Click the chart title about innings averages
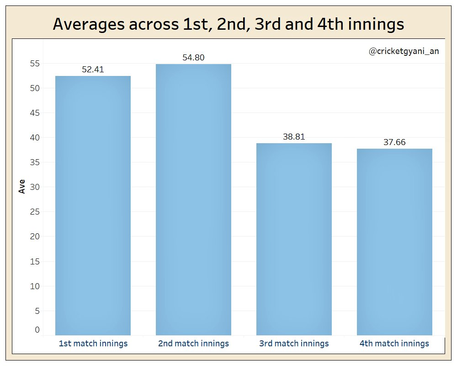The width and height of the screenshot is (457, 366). [228, 24]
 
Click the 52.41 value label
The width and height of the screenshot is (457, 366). [93, 70]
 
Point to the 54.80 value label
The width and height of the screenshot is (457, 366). [193, 58]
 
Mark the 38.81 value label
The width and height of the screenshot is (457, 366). [294, 137]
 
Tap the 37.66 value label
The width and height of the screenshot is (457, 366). [394, 142]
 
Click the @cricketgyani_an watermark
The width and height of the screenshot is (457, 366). [404, 52]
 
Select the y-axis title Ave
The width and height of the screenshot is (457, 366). [22, 187]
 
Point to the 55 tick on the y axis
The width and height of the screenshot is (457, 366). [35, 64]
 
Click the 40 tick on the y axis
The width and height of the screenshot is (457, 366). [35, 138]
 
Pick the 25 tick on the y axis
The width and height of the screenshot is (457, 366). [35, 212]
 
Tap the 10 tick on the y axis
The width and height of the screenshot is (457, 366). [35, 286]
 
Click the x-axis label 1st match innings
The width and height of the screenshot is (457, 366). [93, 343]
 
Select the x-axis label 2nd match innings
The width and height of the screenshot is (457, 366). [193, 343]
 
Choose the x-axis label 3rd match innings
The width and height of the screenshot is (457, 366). [294, 343]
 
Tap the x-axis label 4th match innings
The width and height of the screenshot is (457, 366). [394, 343]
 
